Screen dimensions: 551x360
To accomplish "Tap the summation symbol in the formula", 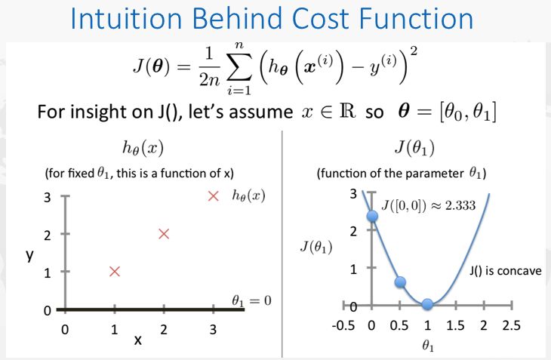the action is tap(239, 68).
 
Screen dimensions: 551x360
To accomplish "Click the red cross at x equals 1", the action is tap(115, 272).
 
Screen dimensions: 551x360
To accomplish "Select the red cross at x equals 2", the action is tap(164, 234).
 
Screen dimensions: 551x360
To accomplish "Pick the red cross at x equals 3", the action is tap(214, 196).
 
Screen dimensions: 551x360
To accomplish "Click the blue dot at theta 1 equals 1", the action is tap(427, 304).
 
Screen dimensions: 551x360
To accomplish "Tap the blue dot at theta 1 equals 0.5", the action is tap(400, 282).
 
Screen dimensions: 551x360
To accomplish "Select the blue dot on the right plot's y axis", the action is tap(372, 216).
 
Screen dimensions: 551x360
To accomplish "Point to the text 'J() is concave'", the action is tap(505, 271).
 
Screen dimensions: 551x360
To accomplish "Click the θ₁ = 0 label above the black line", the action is tap(251, 300).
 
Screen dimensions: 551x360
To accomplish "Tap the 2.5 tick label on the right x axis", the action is tap(511, 325).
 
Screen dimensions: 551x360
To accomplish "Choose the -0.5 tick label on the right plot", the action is tap(343, 325).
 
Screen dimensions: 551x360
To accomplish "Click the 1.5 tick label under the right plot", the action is tap(455, 325).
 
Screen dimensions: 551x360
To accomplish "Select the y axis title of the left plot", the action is tap(30, 255).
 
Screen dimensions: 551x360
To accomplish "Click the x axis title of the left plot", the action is tap(138, 340).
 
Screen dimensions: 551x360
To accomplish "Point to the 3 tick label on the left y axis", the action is tap(48, 198).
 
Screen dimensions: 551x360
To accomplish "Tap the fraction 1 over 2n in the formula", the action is tap(209, 66).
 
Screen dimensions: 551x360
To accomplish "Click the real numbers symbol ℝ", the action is tap(347, 111).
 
